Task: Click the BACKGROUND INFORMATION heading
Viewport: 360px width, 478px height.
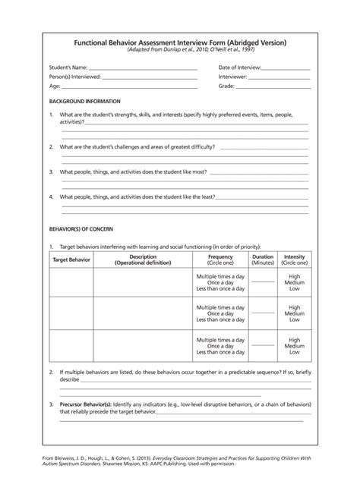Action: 84,101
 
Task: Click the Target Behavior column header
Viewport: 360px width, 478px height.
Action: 71,259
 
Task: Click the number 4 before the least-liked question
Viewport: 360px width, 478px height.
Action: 51,197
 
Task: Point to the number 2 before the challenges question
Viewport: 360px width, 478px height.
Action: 51,146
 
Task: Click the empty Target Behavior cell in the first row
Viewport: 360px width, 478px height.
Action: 71,282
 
